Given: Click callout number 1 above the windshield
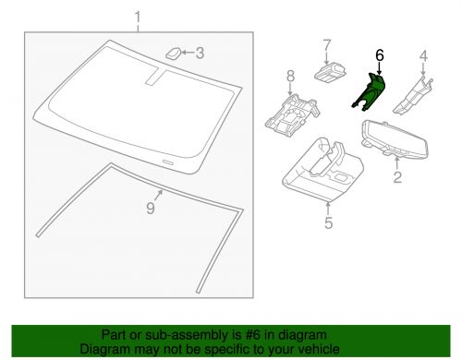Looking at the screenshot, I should tap(139, 18).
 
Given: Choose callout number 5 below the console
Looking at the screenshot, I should tap(328, 221).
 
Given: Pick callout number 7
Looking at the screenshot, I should tap(327, 44).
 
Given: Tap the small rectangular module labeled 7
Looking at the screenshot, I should tap(328, 72).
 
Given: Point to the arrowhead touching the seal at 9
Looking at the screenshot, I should tap(162, 192).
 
